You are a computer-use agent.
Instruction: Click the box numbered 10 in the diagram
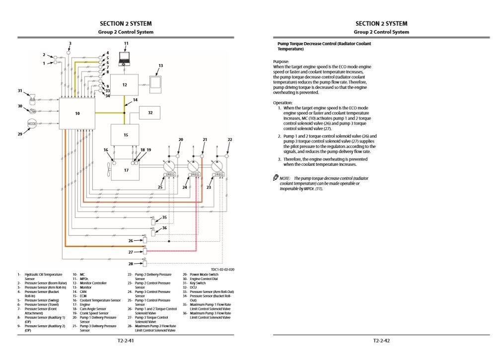[77, 113]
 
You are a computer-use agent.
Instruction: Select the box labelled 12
[124, 85]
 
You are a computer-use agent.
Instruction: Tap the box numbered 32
[150, 113]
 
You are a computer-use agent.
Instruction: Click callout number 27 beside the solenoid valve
[131, 252]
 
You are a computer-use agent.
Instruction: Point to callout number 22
[229, 140]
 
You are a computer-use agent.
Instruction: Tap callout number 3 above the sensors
[70, 44]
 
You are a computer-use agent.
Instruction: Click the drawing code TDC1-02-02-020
[222, 269]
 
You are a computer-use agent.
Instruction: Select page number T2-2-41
[126, 341]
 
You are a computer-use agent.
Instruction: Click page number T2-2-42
[381, 341]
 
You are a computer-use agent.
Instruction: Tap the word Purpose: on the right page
[281, 62]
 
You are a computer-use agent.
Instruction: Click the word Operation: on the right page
[283, 103]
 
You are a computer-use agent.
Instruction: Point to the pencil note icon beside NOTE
[276, 178]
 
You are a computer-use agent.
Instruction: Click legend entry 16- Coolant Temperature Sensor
[97, 300]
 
